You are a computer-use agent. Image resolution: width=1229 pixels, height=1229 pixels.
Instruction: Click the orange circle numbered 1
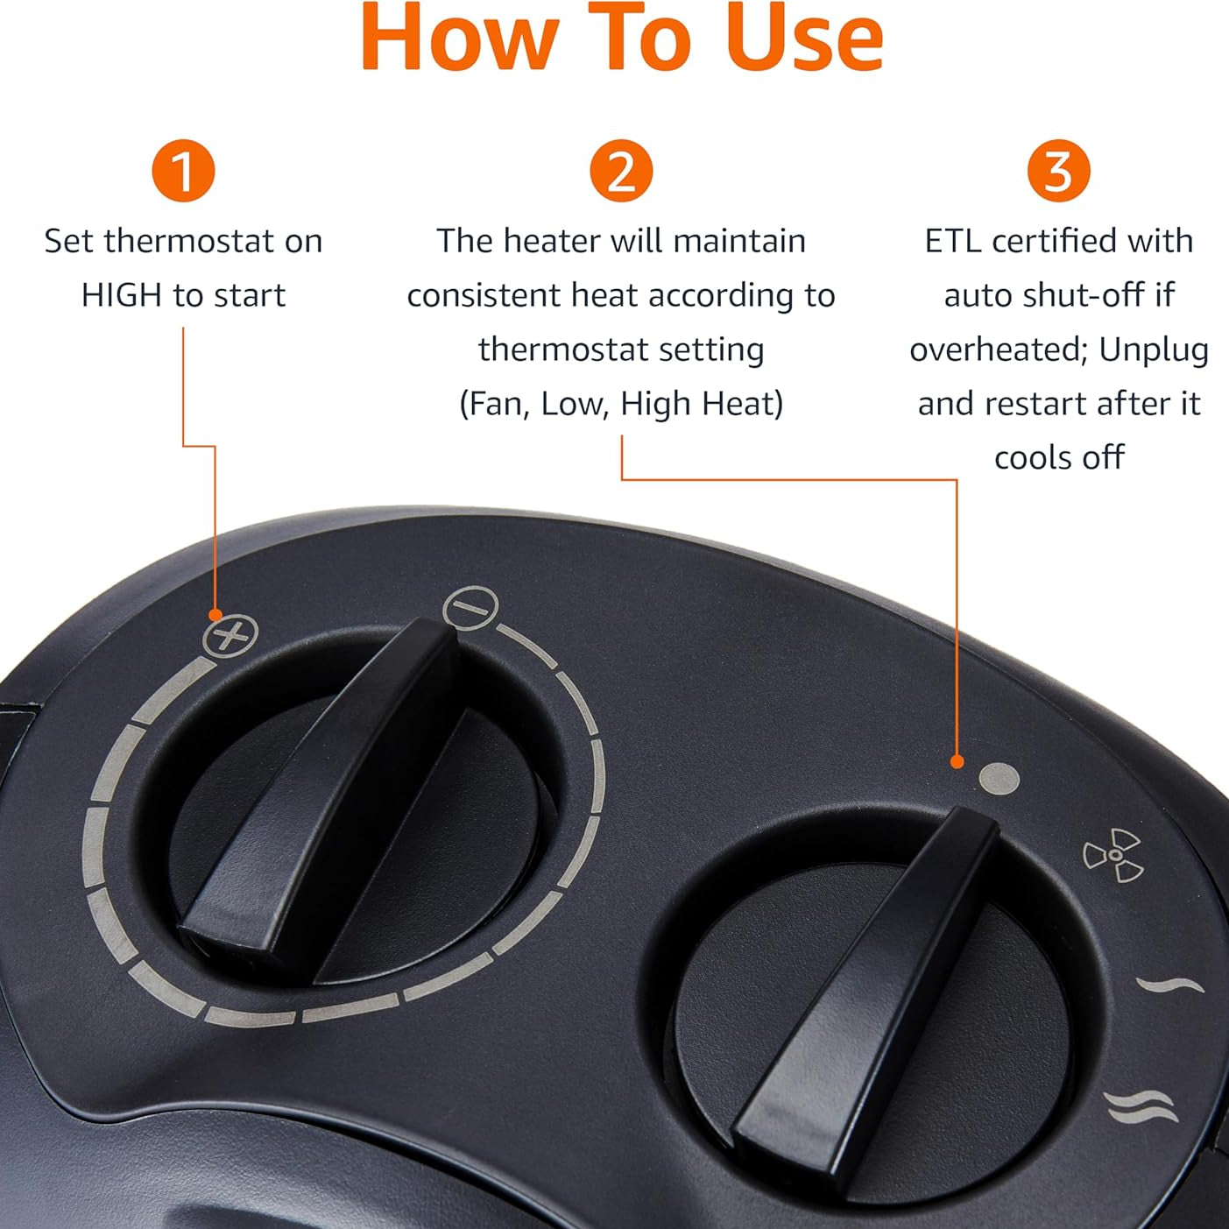click(x=183, y=171)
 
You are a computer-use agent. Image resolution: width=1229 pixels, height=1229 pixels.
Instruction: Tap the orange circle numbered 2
click(x=620, y=171)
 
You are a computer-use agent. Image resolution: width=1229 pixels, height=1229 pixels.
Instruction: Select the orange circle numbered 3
click(x=1059, y=171)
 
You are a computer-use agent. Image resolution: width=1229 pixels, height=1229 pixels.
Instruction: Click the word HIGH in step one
click(x=121, y=296)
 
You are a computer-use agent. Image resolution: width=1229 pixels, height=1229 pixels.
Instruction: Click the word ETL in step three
click(x=953, y=241)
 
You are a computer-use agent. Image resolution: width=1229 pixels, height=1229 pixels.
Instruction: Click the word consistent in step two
click(x=484, y=296)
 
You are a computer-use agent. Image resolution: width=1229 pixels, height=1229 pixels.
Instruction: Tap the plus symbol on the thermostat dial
click(x=230, y=635)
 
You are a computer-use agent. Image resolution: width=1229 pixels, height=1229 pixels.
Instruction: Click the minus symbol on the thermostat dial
click(x=470, y=607)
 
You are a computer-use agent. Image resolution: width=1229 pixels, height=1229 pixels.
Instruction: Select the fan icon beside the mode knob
click(x=1112, y=855)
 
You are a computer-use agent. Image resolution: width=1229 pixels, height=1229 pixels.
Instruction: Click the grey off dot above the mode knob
click(x=999, y=779)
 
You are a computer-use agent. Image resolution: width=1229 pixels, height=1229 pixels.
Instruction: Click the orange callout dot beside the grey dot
click(x=956, y=761)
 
